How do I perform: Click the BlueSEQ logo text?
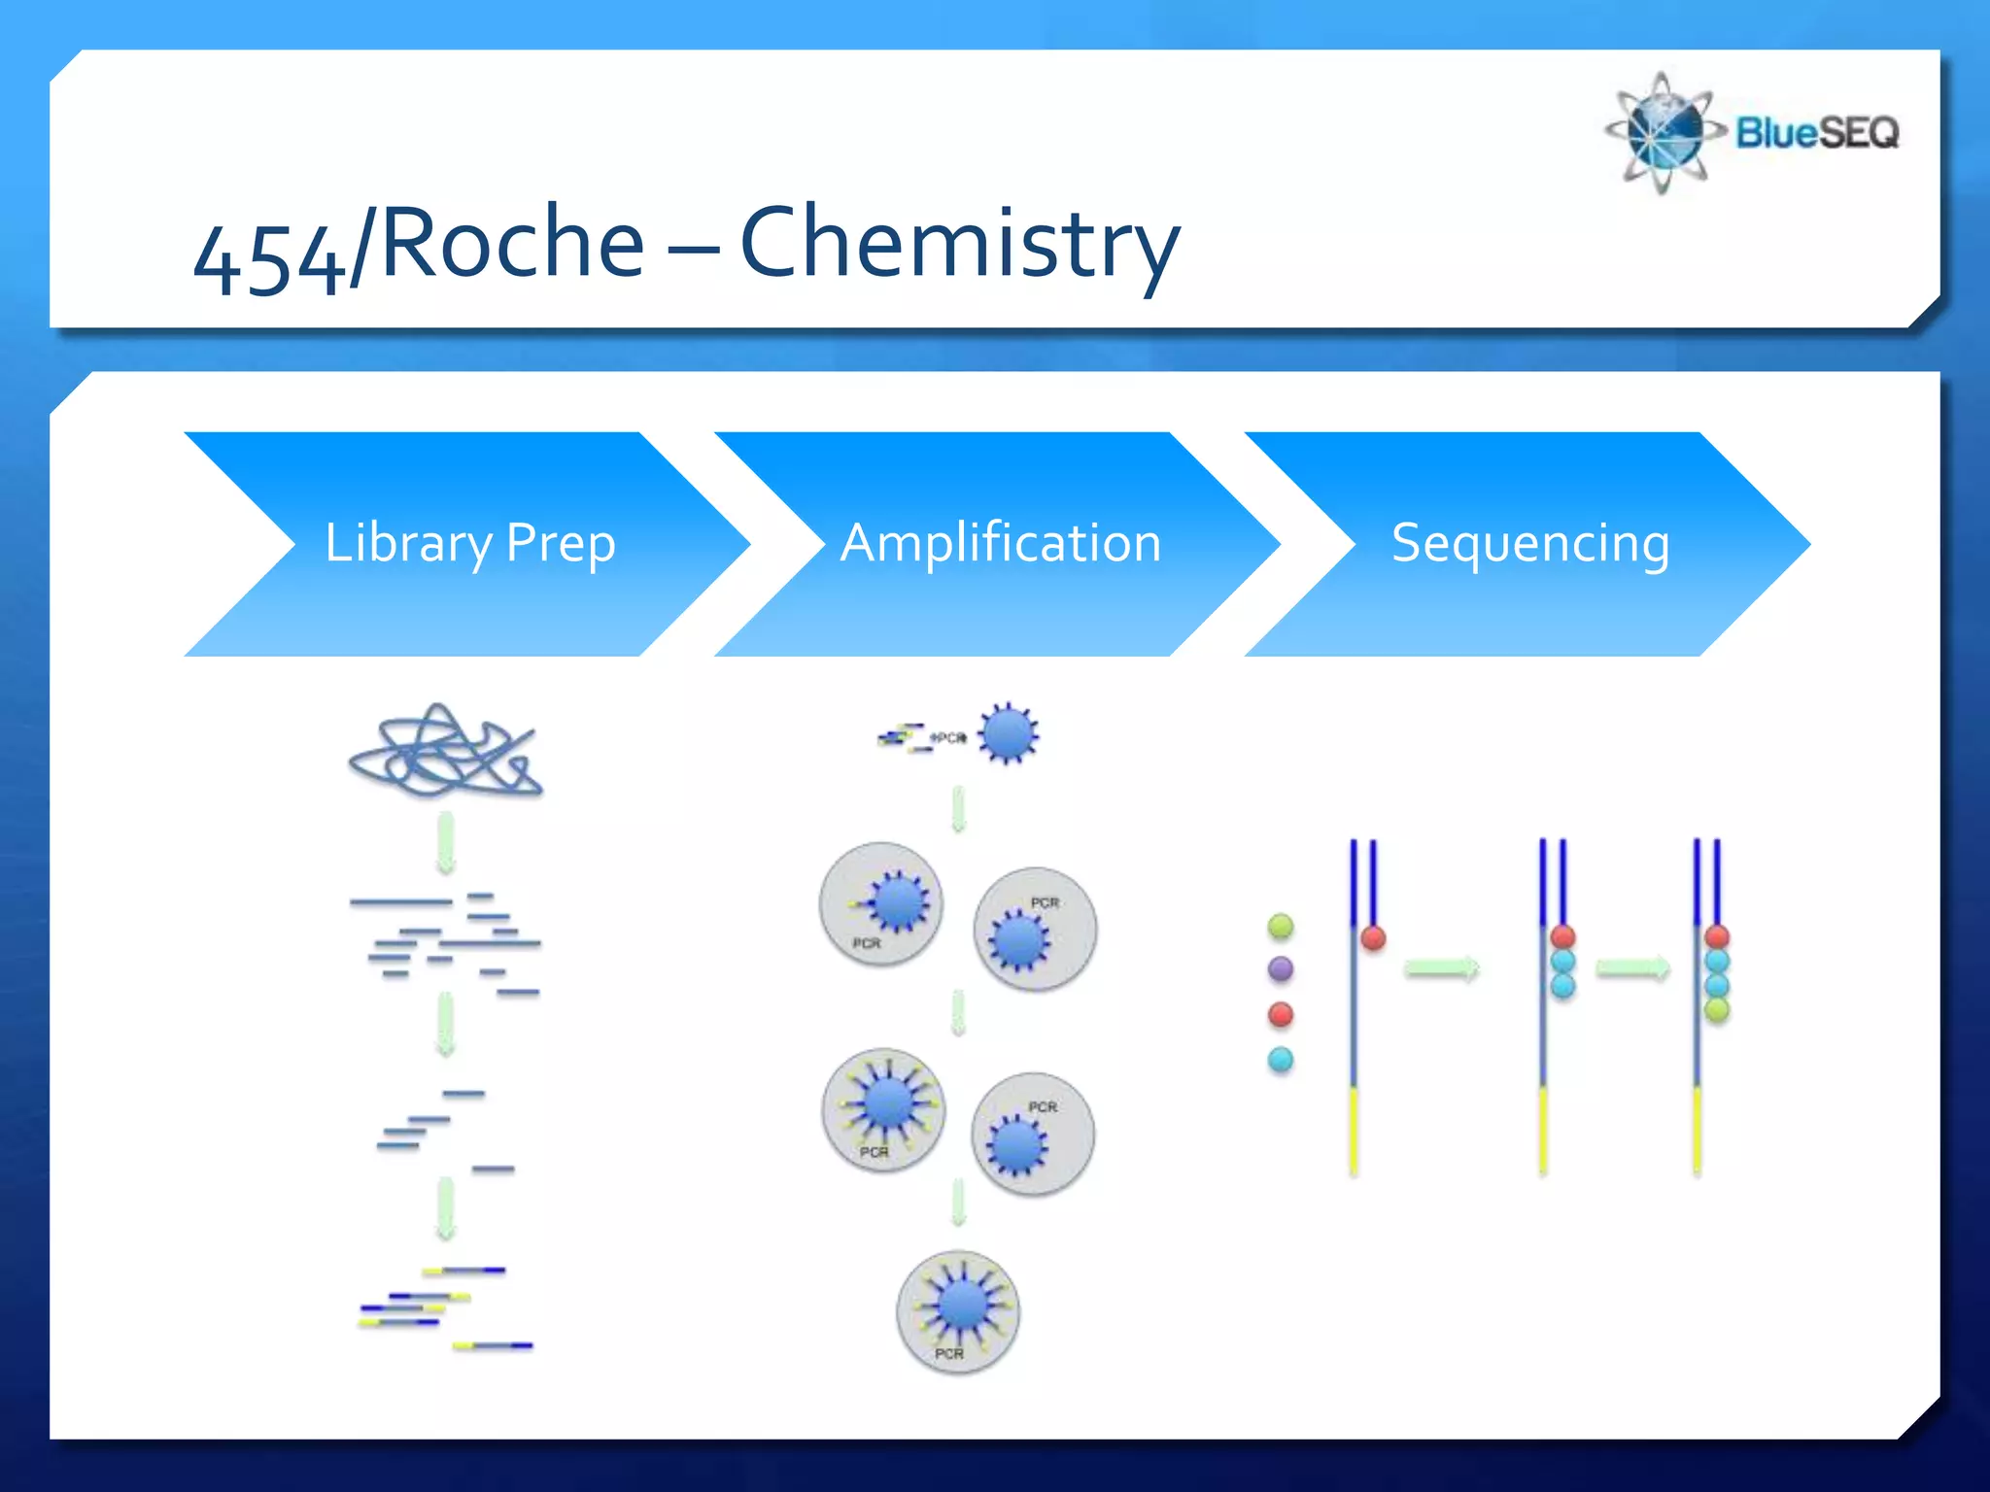pos(1817,132)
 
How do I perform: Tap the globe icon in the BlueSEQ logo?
pos(1664,132)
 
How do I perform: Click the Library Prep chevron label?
pos(469,542)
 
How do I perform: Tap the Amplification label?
pos(1001,542)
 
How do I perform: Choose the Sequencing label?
pos(1530,542)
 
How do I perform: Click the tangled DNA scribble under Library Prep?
pos(445,752)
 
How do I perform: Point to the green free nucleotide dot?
pos(1281,926)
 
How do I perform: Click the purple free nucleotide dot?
pos(1281,968)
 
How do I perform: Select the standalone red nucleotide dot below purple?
pos(1281,1014)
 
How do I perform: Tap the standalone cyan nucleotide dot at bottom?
pos(1281,1059)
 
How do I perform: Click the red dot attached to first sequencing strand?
pos(1373,937)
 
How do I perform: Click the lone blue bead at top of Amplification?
pos(1008,733)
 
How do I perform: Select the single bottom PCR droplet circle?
pos(958,1311)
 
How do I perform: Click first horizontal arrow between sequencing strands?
pos(1442,968)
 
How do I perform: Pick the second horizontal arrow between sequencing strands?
pos(1632,968)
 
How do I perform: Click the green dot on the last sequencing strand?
pos(1717,1010)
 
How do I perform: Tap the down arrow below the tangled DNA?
pos(445,843)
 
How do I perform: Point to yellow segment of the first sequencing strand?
pos(1354,1131)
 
